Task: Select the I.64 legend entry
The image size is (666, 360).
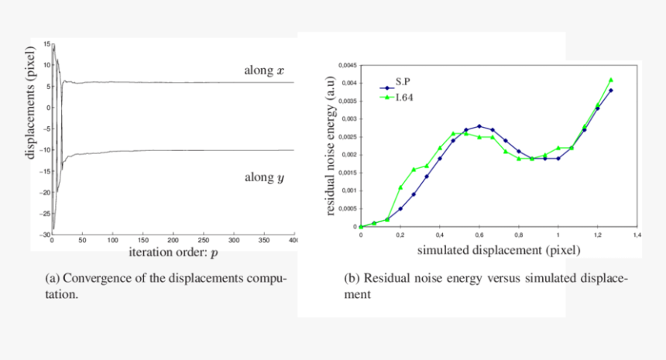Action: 400,98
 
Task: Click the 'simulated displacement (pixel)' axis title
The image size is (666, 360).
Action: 499,251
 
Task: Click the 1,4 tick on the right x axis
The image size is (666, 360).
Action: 637,234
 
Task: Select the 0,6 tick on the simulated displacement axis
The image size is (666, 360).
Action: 479,234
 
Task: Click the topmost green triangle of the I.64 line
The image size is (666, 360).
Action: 611,80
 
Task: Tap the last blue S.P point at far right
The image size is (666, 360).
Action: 611,90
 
